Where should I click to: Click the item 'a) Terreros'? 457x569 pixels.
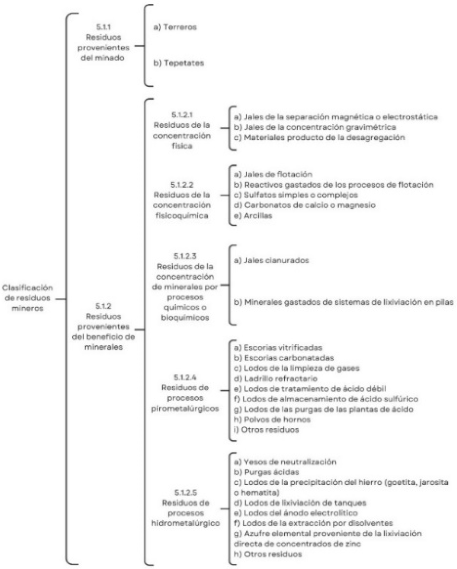coord(175,27)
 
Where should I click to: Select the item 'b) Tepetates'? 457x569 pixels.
coord(179,63)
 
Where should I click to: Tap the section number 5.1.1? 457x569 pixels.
coord(103,27)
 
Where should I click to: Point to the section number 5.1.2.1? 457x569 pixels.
coord(182,115)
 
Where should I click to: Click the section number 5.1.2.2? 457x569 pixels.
coord(182,184)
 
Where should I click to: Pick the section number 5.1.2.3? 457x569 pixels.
coord(185,256)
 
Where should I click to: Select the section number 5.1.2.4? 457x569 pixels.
coord(185,377)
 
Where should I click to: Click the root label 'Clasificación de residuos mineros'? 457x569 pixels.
coord(28,298)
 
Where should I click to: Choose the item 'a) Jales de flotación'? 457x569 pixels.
coord(273,174)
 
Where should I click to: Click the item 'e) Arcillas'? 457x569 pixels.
coord(253,215)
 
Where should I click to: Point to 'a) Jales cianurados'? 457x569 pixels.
coord(271,260)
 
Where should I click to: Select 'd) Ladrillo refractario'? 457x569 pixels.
coord(276,379)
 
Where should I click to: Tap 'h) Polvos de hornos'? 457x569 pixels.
coord(272,420)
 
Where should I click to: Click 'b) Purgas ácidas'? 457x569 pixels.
coord(267,472)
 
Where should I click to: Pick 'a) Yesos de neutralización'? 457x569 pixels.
coord(285,462)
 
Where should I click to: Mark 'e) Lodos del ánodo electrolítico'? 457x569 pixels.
coord(296,513)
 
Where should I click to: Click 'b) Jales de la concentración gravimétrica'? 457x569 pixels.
coord(315,127)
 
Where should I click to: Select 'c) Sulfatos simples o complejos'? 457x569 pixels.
coord(296,195)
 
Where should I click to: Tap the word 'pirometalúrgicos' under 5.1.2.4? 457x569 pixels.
coord(185,409)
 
